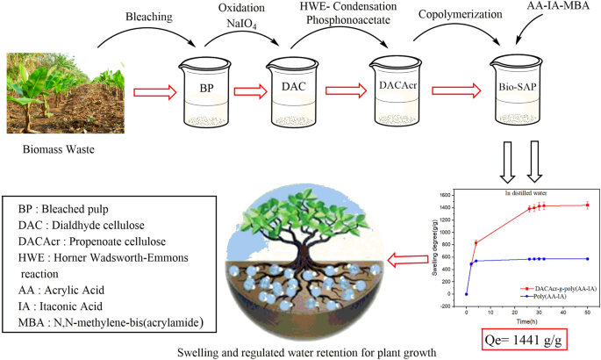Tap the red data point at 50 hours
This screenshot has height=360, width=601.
coord(587,205)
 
